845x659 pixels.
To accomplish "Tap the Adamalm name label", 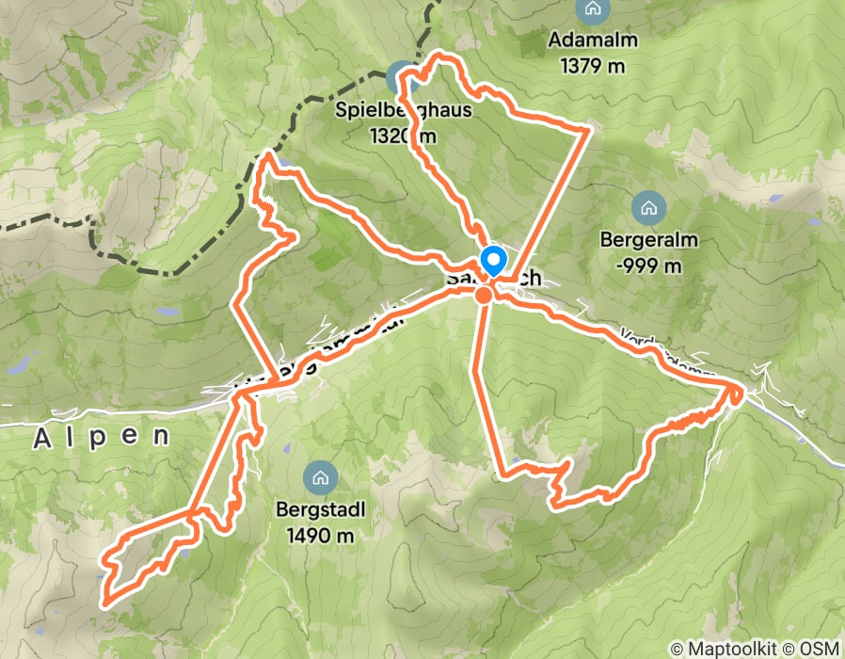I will click(x=592, y=41).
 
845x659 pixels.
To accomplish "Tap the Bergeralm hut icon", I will click(x=647, y=207).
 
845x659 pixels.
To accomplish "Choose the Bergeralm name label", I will click(x=648, y=240).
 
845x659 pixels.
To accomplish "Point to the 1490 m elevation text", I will click(x=315, y=536).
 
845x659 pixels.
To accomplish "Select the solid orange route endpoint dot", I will click(x=483, y=296).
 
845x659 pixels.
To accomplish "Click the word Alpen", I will click(x=103, y=437).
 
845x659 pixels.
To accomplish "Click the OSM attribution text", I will click(x=817, y=649).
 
